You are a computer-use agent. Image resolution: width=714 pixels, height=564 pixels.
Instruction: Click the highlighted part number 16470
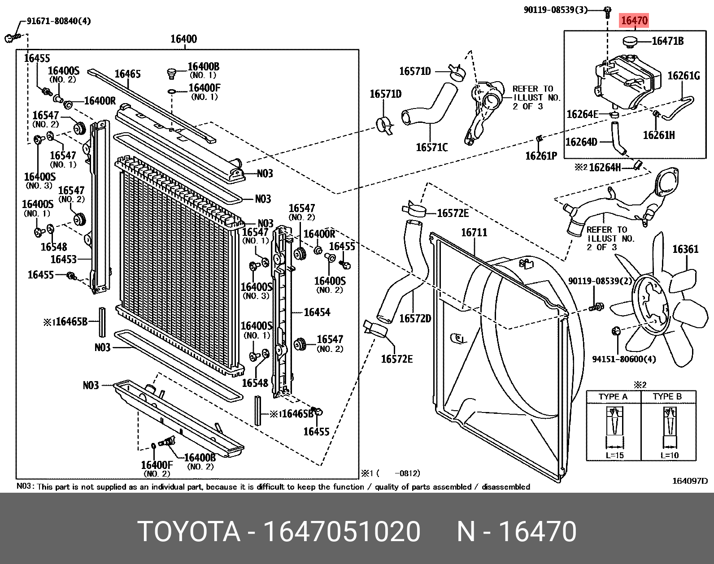tap(634, 21)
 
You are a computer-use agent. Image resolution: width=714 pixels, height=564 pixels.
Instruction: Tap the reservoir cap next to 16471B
tap(630, 42)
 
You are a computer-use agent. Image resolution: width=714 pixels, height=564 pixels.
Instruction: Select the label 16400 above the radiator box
tap(183, 39)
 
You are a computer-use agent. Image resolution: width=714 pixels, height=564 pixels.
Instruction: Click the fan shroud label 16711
tap(474, 232)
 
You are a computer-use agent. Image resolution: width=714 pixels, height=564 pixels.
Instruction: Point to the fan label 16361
tap(685, 249)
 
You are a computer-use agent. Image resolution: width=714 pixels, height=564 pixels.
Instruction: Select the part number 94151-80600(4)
tap(624, 359)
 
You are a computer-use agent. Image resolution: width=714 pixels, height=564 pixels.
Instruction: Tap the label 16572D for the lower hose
tap(415, 318)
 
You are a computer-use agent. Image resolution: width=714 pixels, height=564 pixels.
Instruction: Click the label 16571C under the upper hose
tap(431, 147)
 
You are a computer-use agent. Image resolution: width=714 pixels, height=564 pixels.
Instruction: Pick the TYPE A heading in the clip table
tap(613, 397)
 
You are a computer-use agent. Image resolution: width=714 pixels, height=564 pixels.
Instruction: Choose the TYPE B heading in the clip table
tap(667, 397)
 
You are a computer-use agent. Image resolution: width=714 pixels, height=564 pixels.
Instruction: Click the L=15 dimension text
tap(614, 456)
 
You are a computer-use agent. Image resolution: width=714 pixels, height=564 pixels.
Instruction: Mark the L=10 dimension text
tap(670, 456)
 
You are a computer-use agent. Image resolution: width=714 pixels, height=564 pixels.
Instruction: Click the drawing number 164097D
tap(689, 481)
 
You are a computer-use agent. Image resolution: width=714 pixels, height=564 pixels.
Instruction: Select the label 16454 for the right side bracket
tap(317, 312)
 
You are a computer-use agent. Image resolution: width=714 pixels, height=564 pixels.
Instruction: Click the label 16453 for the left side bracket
tap(63, 259)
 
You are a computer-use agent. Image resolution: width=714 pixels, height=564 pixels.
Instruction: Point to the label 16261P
tap(541, 156)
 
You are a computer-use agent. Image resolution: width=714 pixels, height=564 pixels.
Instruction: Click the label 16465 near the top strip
tap(127, 74)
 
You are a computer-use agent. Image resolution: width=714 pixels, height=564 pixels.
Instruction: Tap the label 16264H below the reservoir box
tap(605, 167)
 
